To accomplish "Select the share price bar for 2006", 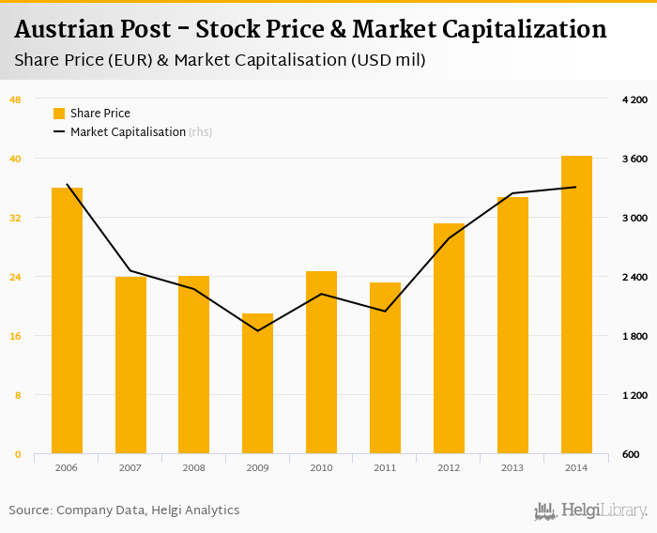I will click(67, 321).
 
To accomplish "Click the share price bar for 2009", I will click(257, 384).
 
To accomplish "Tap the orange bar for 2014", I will click(576, 305).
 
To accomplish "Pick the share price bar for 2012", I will click(449, 339).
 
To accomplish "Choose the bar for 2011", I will click(385, 368).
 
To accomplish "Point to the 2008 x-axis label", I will click(193, 467).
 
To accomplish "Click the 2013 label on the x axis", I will click(512, 467).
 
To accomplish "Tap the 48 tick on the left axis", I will click(15, 99).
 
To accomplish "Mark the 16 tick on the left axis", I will click(15, 336).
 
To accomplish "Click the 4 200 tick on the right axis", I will click(635, 99).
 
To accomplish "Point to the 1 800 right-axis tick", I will click(635, 336).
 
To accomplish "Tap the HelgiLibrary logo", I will click(591, 510).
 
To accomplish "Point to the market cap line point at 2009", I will click(257, 330).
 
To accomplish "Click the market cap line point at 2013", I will click(512, 193).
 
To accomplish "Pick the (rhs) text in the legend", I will click(201, 132).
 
